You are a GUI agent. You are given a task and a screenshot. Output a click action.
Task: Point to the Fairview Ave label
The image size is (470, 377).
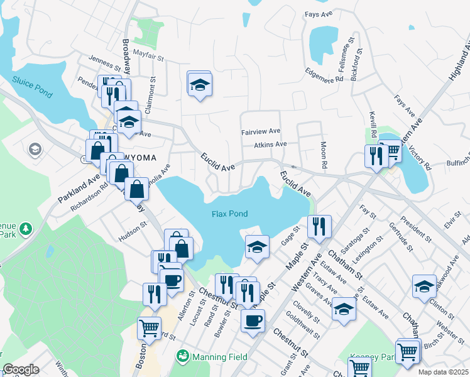tap(260, 133)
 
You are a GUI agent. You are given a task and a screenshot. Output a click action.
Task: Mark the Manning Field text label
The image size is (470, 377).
tap(221, 357)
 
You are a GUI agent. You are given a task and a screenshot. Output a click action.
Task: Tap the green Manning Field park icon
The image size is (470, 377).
tap(183, 357)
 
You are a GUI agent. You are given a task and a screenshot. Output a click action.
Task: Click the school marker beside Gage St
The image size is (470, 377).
tap(256, 247)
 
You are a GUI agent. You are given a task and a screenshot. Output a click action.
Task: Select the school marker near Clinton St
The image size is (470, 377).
tap(424, 286)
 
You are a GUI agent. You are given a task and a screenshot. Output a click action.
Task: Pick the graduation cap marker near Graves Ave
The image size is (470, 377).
tap(343, 309)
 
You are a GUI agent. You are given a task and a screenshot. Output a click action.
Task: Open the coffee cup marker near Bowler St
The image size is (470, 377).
tap(253, 320)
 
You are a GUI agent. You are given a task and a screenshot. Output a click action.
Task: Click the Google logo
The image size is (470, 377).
tap(21, 369)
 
